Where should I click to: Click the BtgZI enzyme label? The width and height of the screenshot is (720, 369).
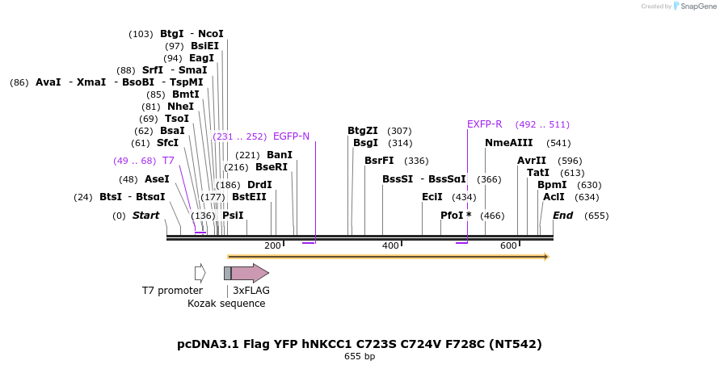pos(363,131)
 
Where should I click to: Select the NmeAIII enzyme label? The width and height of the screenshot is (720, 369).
pos(509,143)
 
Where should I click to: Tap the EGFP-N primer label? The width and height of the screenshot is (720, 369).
pos(291,136)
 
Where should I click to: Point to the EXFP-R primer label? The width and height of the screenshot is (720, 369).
pos(485,124)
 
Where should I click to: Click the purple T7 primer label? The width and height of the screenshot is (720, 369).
pos(168,161)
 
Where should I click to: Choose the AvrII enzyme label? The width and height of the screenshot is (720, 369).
pos(532,161)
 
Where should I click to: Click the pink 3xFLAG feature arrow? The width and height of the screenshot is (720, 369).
pos(250,273)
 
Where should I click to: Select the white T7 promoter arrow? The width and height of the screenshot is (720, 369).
pos(200,273)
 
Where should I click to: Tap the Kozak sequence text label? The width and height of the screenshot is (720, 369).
pos(226,304)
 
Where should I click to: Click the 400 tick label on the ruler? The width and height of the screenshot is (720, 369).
pos(390,245)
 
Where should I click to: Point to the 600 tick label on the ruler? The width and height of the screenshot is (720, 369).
pos(508,245)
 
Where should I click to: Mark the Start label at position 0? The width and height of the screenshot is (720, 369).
pos(145,216)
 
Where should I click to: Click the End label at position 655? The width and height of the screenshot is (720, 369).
pos(562,216)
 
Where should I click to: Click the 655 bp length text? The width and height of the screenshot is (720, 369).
pos(360,356)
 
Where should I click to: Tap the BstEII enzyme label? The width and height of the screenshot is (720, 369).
pos(249,196)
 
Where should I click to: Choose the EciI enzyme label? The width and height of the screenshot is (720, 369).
pos(432,196)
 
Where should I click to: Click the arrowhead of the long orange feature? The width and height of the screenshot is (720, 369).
pos(546,257)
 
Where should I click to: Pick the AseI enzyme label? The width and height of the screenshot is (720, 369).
pos(157,179)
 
